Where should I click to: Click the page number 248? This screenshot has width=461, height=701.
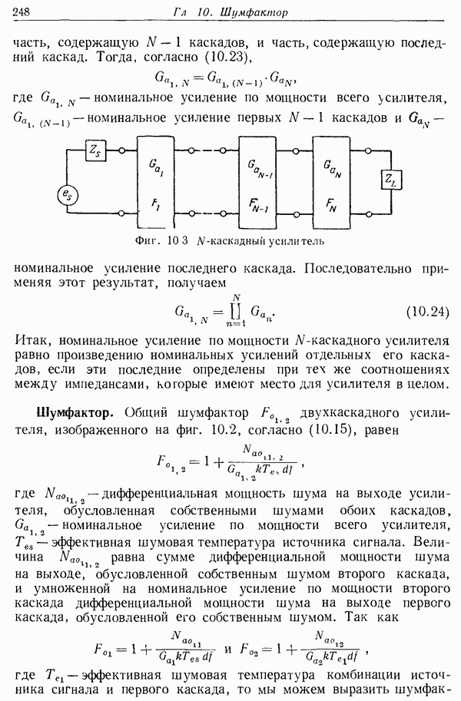tap(22, 12)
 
